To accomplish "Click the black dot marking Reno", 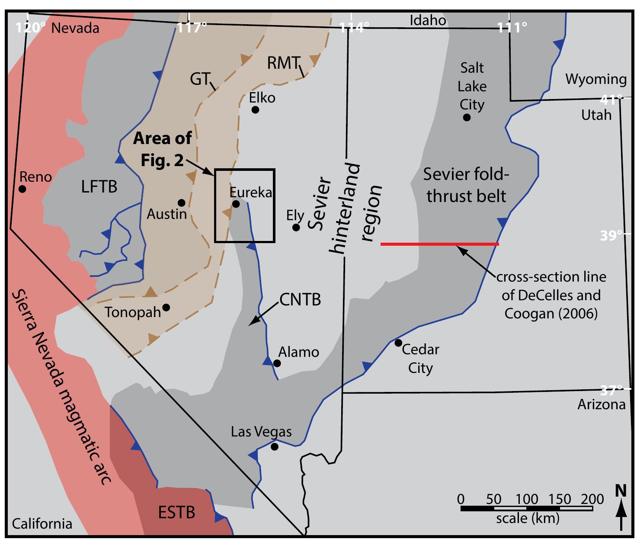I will pos(22,189).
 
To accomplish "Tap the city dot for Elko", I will pos(255,110).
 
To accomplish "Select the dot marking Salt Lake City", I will pos(467,117).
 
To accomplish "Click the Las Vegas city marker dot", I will pos(274,447).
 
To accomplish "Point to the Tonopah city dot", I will pos(166,308).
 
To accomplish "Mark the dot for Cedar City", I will pos(398,343).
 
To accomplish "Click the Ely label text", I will pos(295,215).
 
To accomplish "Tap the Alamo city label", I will pos(298,352).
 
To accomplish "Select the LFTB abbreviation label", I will pos(99,187).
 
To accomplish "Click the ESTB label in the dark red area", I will pos(176,513).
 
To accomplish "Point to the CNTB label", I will pos(300,299).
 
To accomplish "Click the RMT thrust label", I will pos(283,64).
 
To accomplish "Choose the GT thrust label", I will pos(200,79).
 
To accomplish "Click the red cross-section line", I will pos(439,244).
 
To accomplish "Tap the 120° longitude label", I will pos(30,28).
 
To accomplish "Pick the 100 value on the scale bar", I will pos(527,499).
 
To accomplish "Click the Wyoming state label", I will pos(596,79).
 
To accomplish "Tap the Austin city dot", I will pos(182,203).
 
